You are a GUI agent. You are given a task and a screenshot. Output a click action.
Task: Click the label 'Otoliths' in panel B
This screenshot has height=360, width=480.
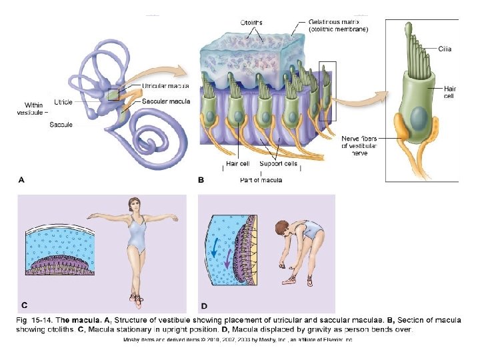pyautogui.click(x=251, y=22)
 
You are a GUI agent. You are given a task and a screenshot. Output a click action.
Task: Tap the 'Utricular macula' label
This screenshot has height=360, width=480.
pyautogui.click(x=165, y=86)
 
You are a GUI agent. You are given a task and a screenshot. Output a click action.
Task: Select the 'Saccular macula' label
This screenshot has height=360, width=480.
pyautogui.click(x=166, y=101)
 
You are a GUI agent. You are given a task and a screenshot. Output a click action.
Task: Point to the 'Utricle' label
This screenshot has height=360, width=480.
pyautogui.click(x=63, y=102)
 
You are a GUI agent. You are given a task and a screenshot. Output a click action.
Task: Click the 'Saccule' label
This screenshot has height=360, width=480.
pyautogui.click(x=61, y=125)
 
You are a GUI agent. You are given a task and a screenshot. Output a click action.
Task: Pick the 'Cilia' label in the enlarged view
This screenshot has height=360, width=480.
pyautogui.click(x=445, y=49)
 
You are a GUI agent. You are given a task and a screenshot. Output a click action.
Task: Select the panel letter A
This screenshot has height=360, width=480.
pyautogui.click(x=22, y=179)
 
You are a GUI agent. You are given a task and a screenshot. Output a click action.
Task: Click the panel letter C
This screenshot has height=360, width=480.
pyautogui.click(x=24, y=305)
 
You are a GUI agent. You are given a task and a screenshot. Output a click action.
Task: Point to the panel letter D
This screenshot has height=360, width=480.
pyautogui.click(x=205, y=306)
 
